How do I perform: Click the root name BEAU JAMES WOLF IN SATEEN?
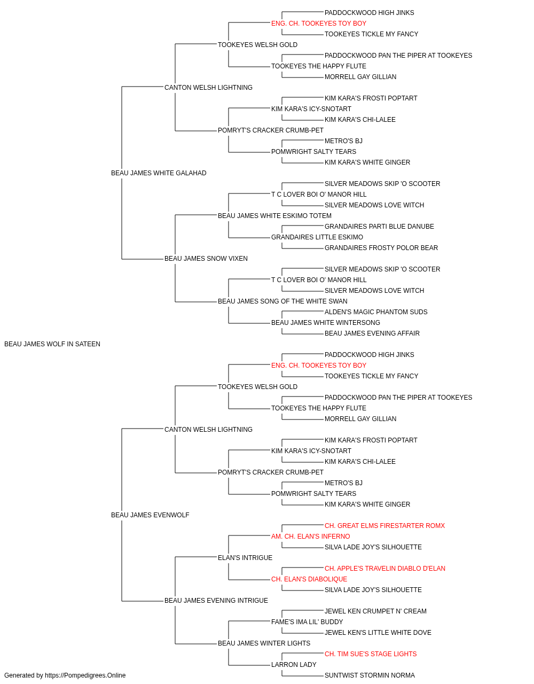coord(52,344)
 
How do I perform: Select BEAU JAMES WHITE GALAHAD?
coord(159,173)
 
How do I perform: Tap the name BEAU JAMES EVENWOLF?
coord(150,515)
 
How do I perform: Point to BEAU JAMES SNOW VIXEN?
coord(206,259)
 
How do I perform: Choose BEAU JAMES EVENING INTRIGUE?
coord(216,601)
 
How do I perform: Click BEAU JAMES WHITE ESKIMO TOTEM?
coord(274,216)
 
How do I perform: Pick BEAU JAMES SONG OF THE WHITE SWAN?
coord(282,301)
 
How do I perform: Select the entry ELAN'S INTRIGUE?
coord(245,558)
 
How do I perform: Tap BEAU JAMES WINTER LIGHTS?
coord(264,643)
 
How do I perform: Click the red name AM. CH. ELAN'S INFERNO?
coord(310,537)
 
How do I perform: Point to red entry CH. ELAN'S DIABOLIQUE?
coord(309,579)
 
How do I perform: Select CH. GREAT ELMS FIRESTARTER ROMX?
coord(384,526)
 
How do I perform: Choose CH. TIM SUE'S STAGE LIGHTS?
coord(371,654)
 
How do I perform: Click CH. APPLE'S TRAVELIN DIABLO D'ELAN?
coord(385,569)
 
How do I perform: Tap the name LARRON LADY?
coord(294,665)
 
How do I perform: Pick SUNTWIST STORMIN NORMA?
coord(370,675)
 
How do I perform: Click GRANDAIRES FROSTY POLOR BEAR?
coord(381,248)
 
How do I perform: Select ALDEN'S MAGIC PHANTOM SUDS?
coord(376,312)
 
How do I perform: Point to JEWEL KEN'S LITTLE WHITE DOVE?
coord(378,633)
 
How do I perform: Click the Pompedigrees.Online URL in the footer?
coord(85,675)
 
